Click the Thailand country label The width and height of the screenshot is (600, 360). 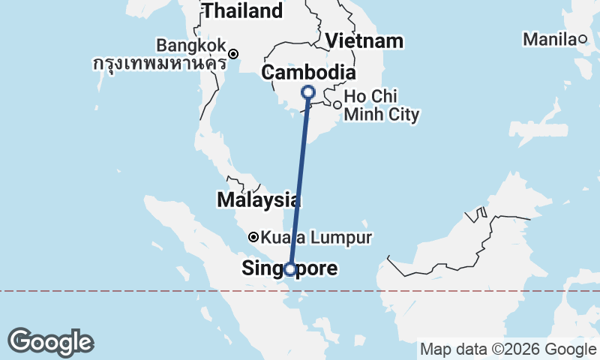[x=242, y=11]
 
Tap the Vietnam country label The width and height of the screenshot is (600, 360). [x=365, y=40]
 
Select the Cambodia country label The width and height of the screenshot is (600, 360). [x=307, y=73]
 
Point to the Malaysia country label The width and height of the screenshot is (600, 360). [x=259, y=200]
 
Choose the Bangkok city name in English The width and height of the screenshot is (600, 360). [x=190, y=44]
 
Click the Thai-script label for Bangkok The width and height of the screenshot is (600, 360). [x=158, y=63]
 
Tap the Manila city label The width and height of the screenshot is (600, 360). [x=550, y=39]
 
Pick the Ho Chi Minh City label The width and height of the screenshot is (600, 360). [x=381, y=106]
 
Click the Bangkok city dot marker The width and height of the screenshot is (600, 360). [x=234, y=53]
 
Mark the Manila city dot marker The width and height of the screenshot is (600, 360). [x=583, y=39]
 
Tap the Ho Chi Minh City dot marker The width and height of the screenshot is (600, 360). [x=337, y=105]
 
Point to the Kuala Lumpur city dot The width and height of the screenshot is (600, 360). [x=253, y=237]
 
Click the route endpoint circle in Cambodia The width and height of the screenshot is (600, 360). [x=307, y=92]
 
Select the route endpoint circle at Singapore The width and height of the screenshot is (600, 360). [x=289, y=269]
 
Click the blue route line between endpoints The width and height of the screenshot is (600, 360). [x=298, y=180]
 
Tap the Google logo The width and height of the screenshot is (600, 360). [x=50, y=342]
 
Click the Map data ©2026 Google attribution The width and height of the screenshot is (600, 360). [x=508, y=349]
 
